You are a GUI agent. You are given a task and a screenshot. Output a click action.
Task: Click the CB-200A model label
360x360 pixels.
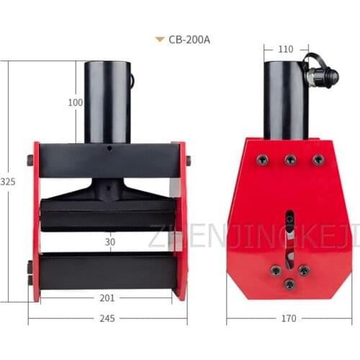pos(189,40)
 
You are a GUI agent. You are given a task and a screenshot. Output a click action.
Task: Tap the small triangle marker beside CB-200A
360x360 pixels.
pos(159,40)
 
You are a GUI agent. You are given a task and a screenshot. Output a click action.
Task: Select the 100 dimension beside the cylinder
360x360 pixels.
pos(75,102)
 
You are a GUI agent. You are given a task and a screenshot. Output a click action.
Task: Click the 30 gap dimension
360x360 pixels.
pos(109,243)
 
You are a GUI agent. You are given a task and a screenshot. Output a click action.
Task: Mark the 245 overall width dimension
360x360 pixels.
pos(108,318)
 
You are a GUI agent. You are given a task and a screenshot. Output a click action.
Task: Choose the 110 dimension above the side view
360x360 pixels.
pos(286,50)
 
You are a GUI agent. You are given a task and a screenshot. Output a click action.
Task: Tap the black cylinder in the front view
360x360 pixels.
pos(108,101)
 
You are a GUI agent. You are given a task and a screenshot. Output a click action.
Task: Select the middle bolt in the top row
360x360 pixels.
pos(290,160)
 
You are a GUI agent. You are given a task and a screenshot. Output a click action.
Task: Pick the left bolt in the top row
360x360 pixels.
pos(264,159)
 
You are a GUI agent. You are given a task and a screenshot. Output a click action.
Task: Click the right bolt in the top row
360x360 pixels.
pos(318,160)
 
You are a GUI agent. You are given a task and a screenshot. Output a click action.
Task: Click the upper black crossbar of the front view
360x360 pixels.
pos(108,161)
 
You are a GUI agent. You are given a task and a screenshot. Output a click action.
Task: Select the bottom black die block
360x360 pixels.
pos(108,271)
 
